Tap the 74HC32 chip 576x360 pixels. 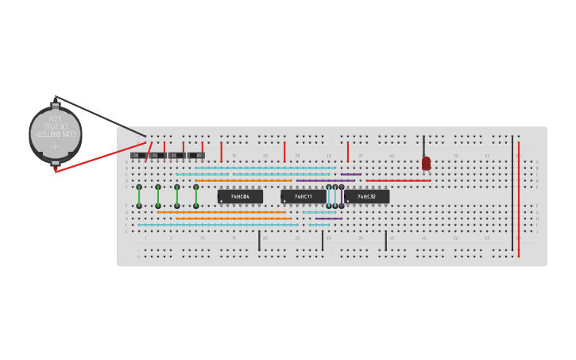coord(366,196)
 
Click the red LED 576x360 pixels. coord(427,163)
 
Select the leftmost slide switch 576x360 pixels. coord(138,155)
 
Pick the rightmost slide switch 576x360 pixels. coord(195,155)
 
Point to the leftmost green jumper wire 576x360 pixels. coord(139,196)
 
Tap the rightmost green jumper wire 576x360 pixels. coord(196,196)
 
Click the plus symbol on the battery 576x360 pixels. coord(56,147)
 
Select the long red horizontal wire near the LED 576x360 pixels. coord(397,180)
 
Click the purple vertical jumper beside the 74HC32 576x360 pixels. coord(342,196)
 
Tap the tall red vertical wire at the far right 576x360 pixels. coord(519,199)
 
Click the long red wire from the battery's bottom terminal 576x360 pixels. coord(99,157)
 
